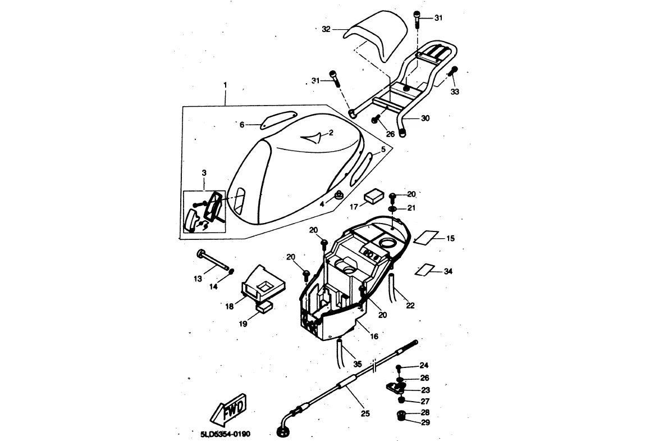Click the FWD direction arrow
[x=228, y=409]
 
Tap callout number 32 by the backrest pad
[x=326, y=29]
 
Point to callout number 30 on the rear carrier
[x=425, y=119]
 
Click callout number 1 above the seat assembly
[x=225, y=85]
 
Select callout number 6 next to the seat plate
[x=243, y=125]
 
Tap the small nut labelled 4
[x=338, y=195]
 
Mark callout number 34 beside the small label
[x=447, y=271]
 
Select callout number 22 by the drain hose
[x=410, y=306]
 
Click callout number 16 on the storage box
[x=374, y=336]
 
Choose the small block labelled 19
[x=264, y=307]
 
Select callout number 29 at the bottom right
[x=425, y=422]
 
